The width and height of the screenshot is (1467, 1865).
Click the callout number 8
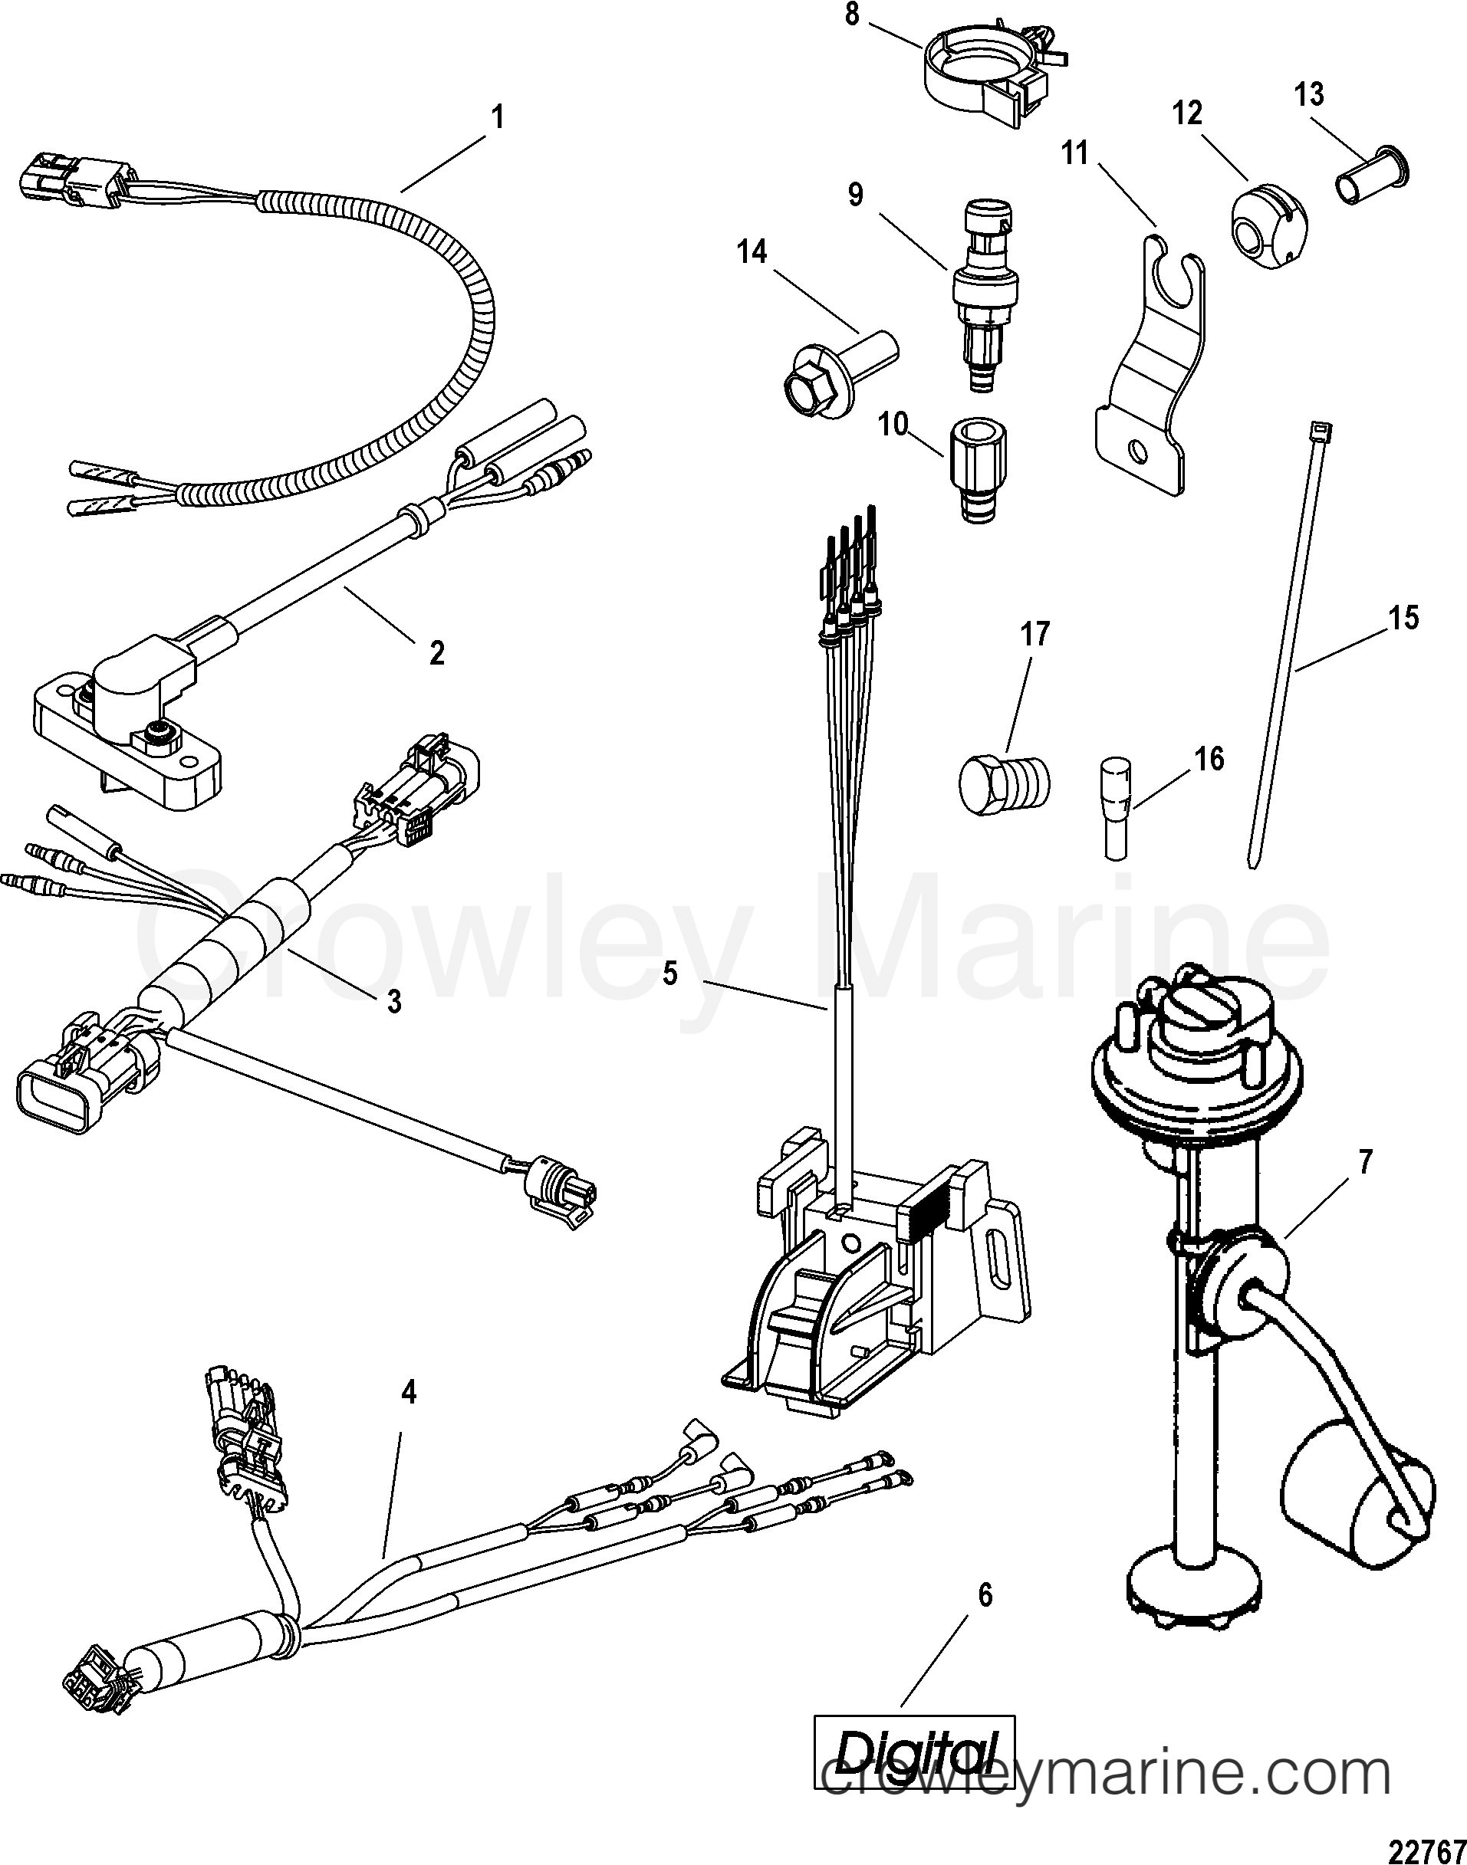[852, 16]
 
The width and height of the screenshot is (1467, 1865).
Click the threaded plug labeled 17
[1002, 783]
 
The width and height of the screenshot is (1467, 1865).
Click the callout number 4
[409, 1392]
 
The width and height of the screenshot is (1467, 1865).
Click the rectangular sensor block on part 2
[129, 713]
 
